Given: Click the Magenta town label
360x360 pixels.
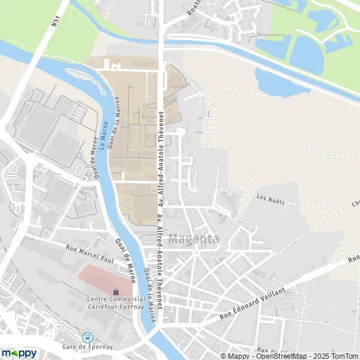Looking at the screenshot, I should click(194, 239).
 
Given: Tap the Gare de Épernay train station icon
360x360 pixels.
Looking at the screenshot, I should click(88, 337).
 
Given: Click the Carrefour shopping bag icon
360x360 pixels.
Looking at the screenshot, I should click(115, 292).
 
